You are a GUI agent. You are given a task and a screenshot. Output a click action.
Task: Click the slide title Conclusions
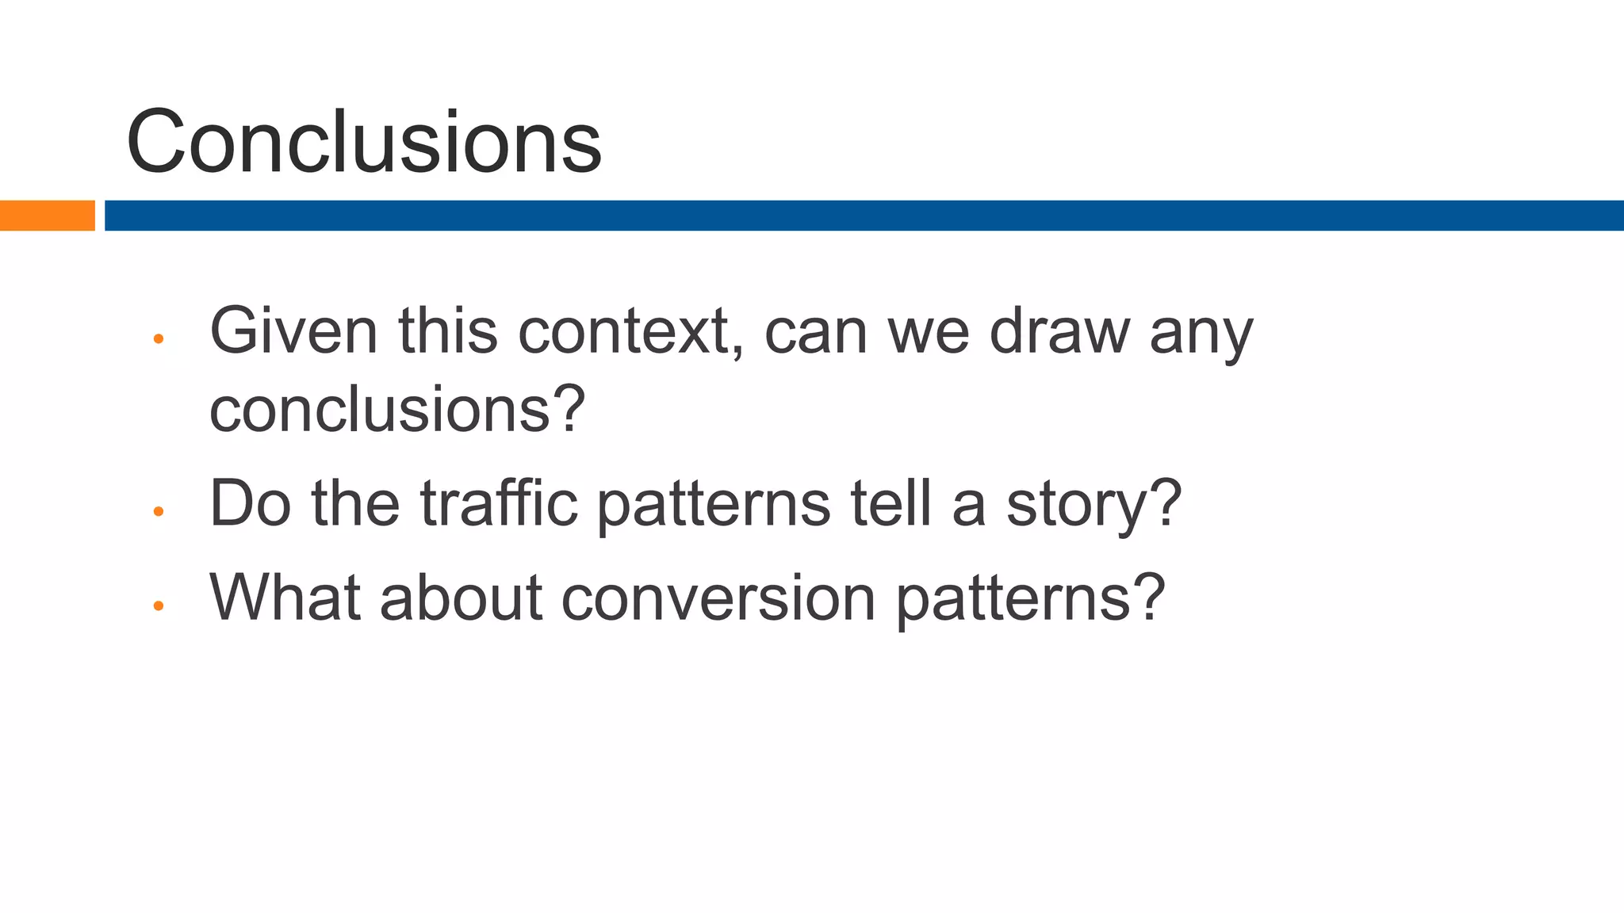click(x=363, y=143)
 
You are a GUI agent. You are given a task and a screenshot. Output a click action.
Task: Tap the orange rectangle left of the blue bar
click(x=47, y=216)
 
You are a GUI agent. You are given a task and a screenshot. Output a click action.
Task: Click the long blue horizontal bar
click(x=863, y=216)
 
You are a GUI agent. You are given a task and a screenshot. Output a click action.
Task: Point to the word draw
click(x=1059, y=331)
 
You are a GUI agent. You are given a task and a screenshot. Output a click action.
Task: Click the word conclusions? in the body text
click(x=396, y=410)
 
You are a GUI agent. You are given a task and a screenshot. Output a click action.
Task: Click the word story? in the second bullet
click(x=1094, y=505)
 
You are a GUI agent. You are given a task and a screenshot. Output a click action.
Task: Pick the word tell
click(x=891, y=503)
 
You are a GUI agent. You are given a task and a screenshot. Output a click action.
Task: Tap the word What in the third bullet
click(x=285, y=597)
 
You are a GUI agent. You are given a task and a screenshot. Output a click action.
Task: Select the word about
click(x=461, y=597)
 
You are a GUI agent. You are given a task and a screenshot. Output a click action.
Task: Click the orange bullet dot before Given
click(x=158, y=339)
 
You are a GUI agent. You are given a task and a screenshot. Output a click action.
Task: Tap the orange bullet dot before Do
click(x=158, y=512)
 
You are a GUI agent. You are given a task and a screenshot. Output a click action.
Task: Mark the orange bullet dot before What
click(x=158, y=606)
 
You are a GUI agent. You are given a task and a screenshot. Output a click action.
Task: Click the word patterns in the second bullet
click(x=713, y=505)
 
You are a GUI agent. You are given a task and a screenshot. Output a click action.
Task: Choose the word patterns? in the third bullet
click(x=1030, y=598)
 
